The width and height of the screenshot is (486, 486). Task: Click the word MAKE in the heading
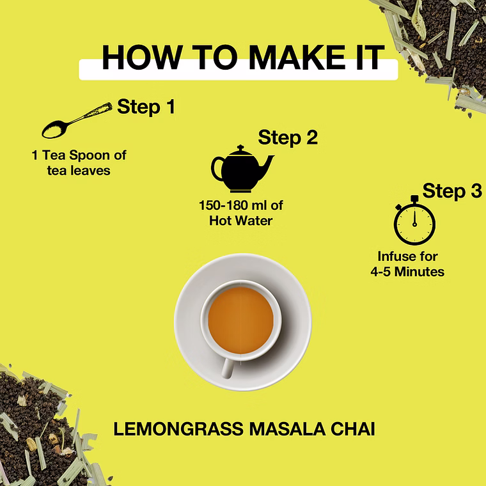297,58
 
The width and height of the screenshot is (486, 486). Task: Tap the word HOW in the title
142,58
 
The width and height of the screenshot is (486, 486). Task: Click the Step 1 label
146,107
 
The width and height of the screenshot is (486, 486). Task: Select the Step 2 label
288,137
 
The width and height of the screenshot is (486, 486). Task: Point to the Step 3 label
452,191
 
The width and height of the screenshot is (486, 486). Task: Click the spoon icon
77,120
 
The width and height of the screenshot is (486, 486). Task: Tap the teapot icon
242,169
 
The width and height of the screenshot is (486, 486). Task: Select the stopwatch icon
414,221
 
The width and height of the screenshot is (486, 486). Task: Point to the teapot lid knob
240,147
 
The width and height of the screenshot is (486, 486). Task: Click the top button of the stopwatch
414,198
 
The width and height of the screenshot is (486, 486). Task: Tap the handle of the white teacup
228,368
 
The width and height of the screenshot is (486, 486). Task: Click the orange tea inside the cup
241,320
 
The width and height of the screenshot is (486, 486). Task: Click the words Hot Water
241,221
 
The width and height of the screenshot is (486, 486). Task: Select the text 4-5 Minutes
407,272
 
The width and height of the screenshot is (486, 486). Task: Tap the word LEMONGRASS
178,429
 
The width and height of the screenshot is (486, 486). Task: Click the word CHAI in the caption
353,429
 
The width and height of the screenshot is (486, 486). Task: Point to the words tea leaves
79,171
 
